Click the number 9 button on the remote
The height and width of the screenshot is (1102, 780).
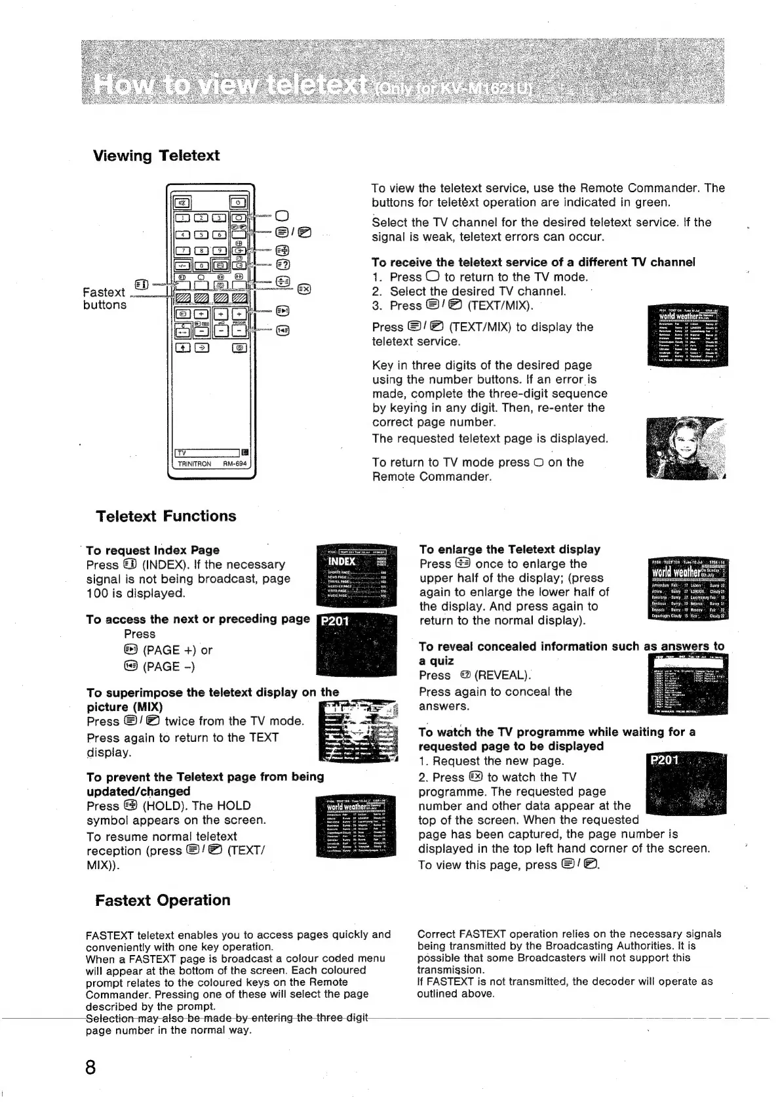point(222,250)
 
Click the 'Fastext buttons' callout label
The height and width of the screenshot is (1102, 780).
point(105,298)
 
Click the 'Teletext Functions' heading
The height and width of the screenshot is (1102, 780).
point(166,516)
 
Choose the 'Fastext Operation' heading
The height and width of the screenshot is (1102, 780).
point(163,900)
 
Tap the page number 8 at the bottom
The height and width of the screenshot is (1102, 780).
point(90,1067)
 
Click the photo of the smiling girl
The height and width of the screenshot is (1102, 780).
point(686,448)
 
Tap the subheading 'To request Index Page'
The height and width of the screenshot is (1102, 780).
point(153,550)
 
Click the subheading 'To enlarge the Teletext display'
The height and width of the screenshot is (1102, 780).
point(509,549)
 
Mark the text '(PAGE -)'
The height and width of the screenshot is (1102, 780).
point(167,666)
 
